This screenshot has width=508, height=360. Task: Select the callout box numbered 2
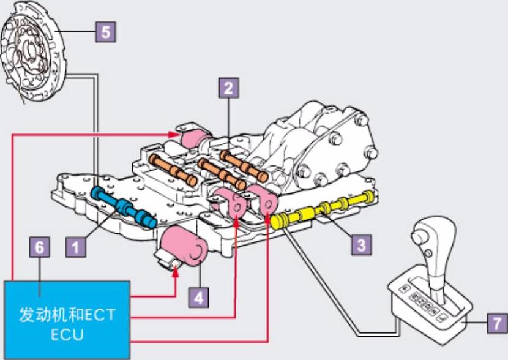pos(228,88)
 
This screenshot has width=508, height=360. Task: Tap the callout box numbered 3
pos(361,245)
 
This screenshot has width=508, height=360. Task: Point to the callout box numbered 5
pos(106,32)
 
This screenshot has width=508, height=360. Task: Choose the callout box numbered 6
pos(40,247)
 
